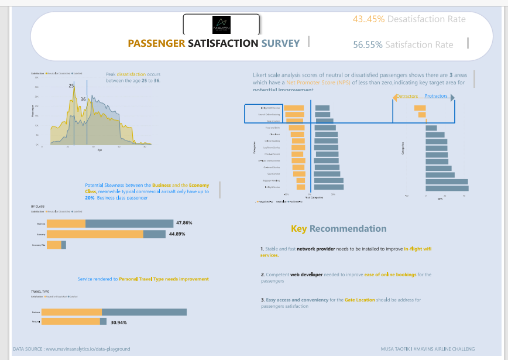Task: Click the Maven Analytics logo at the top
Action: click(x=221, y=25)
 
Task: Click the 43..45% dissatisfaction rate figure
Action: click(x=369, y=19)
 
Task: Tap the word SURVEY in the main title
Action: click(x=280, y=43)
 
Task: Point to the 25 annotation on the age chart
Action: click(x=71, y=86)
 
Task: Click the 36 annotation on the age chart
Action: click(x=83, y=100)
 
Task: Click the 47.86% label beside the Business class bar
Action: click(x=184, y=223)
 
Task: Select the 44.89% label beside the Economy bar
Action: click(x=177, y=234)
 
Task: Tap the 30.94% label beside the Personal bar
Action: click(x=119, y=322)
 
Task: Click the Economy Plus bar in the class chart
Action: click(x=56, y=245)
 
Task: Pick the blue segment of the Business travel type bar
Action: click(x=144, y=312)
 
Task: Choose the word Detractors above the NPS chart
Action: click(x=408, y=96)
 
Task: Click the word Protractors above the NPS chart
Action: click(x=436, y=96)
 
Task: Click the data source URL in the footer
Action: click(x=88, y=349)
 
